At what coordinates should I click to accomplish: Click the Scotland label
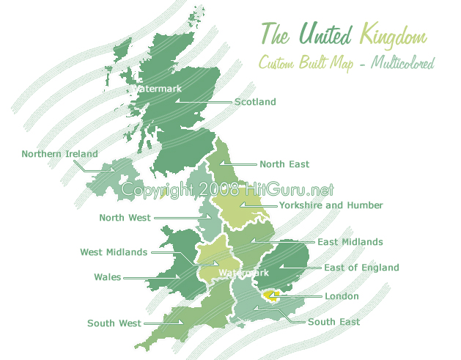[x=255, y=102]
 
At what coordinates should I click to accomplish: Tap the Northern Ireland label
[x=59, y=154]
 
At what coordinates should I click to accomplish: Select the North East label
[x=284, y=164]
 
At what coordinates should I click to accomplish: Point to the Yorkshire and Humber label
[x=331, y=205]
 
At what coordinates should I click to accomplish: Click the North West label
[x=125, y=218]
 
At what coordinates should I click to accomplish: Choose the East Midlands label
[x=350, y=241]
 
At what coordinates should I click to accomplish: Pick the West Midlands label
[x=114, y=252]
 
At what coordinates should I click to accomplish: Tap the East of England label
[x=361, y=268]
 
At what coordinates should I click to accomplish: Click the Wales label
[x=108, y=277]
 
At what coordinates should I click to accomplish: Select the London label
[x=342, y=296]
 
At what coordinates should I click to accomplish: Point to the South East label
[x=333, y=322]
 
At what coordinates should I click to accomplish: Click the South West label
[x=114, y=323]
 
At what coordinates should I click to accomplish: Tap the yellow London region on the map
[x=271, y=296]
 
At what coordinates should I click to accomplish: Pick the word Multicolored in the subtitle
[x=402, y=62]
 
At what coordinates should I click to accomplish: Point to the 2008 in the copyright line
[x=218, y=190]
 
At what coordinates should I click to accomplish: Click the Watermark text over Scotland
[x=156, y=89]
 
